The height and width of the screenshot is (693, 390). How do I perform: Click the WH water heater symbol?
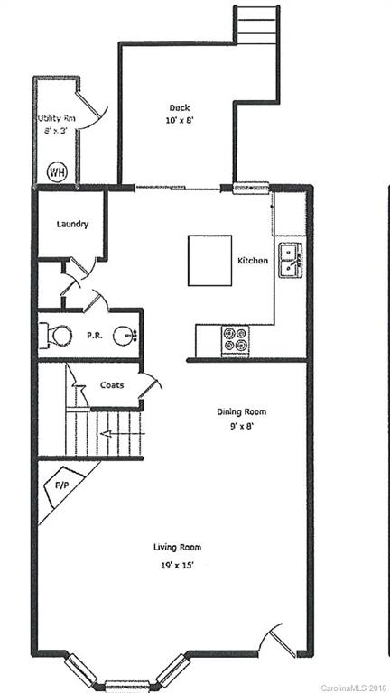pos(56,171)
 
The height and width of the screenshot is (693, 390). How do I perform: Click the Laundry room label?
pos(72,224)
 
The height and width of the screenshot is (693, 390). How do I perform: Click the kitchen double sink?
pos(290,259)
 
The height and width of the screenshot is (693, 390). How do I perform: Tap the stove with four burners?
pos(237,338)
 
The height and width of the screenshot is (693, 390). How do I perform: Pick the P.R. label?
pos(93,335)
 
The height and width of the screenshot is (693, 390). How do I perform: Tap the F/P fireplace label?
pos(61,485)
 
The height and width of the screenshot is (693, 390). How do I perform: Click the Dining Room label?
pos(241,412)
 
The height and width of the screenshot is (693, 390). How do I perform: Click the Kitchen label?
pos(252,261)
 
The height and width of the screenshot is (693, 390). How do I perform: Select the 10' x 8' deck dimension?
pos(177,120)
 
